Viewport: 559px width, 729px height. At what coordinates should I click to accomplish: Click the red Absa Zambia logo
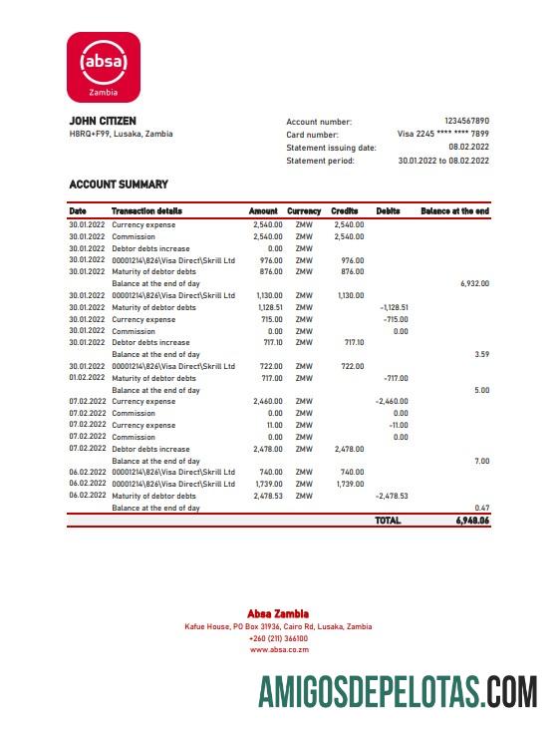coord(104,66)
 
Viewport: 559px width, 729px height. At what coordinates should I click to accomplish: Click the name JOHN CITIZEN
coord(103,122)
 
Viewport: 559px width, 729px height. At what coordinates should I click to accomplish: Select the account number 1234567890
coord(466,121)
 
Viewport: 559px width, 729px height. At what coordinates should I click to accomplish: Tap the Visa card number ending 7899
coord(443,134)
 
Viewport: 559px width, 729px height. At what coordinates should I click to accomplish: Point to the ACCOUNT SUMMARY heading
coord(119,184)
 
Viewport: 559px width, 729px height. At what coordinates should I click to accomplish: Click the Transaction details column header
coord(146,211)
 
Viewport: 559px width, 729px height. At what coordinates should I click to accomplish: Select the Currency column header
coord(304,211)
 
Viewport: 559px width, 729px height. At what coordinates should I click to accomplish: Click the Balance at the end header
coord(455,211)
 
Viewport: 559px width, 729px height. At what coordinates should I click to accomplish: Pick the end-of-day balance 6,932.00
coord(474,283)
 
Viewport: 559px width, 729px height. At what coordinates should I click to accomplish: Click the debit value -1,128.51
coord(395,307)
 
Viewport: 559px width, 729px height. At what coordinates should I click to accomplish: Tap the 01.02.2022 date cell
coord(87,378)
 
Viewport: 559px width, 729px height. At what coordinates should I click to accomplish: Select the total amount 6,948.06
coord(469,521)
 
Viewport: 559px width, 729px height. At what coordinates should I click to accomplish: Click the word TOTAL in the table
coord(388,521)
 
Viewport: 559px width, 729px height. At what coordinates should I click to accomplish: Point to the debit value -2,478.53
coord(391,496)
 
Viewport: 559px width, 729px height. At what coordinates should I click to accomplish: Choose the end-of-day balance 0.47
coord(482,508)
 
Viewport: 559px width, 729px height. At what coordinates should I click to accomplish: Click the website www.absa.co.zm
coord(279,649)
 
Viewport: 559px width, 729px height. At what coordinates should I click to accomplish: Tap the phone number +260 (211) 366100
coord(279,638)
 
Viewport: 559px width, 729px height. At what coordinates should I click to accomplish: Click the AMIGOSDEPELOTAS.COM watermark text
coord(398,691)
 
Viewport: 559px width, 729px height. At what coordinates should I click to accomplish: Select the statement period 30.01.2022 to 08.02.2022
coord(443,161)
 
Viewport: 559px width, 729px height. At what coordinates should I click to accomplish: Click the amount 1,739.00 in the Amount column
coord(269,484)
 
